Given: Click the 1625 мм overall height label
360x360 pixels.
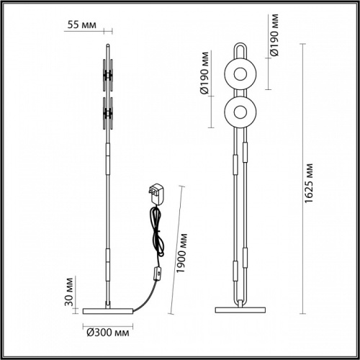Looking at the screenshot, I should [x=310, y=184].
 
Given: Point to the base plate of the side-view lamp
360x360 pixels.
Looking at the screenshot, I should [x=108, y=310].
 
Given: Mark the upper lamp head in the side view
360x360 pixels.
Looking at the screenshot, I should [x=108, y=74].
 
